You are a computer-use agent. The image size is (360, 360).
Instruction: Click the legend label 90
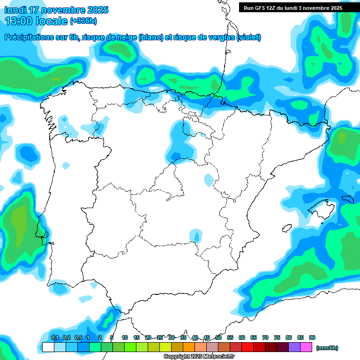pos(312,337)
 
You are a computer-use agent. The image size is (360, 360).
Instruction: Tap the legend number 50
pos(218,337)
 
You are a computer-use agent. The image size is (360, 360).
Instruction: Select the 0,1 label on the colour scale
pos(54,337)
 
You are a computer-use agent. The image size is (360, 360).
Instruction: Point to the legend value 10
pos(125,337)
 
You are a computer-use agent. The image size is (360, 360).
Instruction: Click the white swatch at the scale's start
pos(48,347)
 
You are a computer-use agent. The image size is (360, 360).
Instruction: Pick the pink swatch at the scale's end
pos(306,347)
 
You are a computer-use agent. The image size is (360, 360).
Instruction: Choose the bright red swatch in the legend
pos(247,347)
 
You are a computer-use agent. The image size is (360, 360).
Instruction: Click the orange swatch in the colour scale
pos(189,347)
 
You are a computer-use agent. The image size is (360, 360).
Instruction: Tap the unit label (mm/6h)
pos(327,348)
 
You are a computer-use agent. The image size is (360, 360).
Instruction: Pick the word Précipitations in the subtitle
pos(28,37)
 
